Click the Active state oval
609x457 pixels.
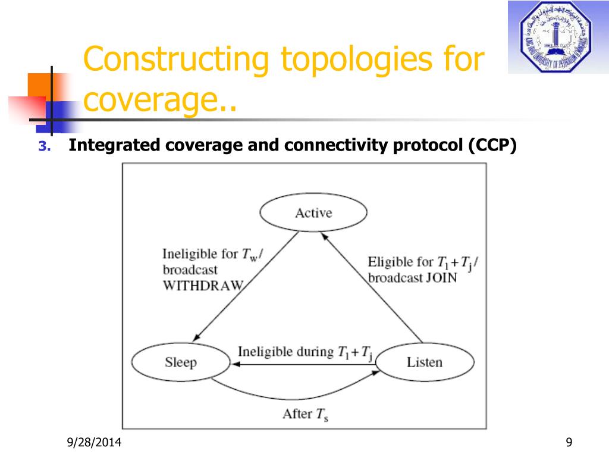[x=313, y=213]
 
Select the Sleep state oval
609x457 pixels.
[x=180, y=362]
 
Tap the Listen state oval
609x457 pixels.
[x=425, y=362]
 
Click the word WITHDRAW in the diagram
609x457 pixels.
[x=203, y=285]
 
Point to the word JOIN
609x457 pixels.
[x=441, y=278]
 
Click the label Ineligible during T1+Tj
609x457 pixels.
[x=305, y=352]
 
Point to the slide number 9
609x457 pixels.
[x=569, y=442]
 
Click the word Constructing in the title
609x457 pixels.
[x=176, y=61]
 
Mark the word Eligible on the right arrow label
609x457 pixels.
[x=391, y=262]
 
